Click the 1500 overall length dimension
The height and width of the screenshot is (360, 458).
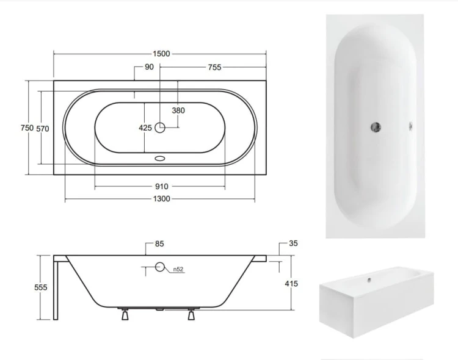click(162, 54)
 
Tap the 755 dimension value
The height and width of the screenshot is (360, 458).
click(215, 68)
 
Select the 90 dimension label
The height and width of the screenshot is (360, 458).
click(149, 67)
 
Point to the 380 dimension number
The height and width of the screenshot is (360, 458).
click(178, 110)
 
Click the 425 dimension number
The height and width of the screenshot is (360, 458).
click(145, 128)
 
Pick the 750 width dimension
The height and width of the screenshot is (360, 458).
click(27, 128)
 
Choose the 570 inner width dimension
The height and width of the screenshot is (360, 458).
click(43, 129)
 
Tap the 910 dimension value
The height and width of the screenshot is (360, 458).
click(162, 187)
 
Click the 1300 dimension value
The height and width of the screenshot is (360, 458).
click(162, 199)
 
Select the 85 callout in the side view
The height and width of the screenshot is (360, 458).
click(159, 244)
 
